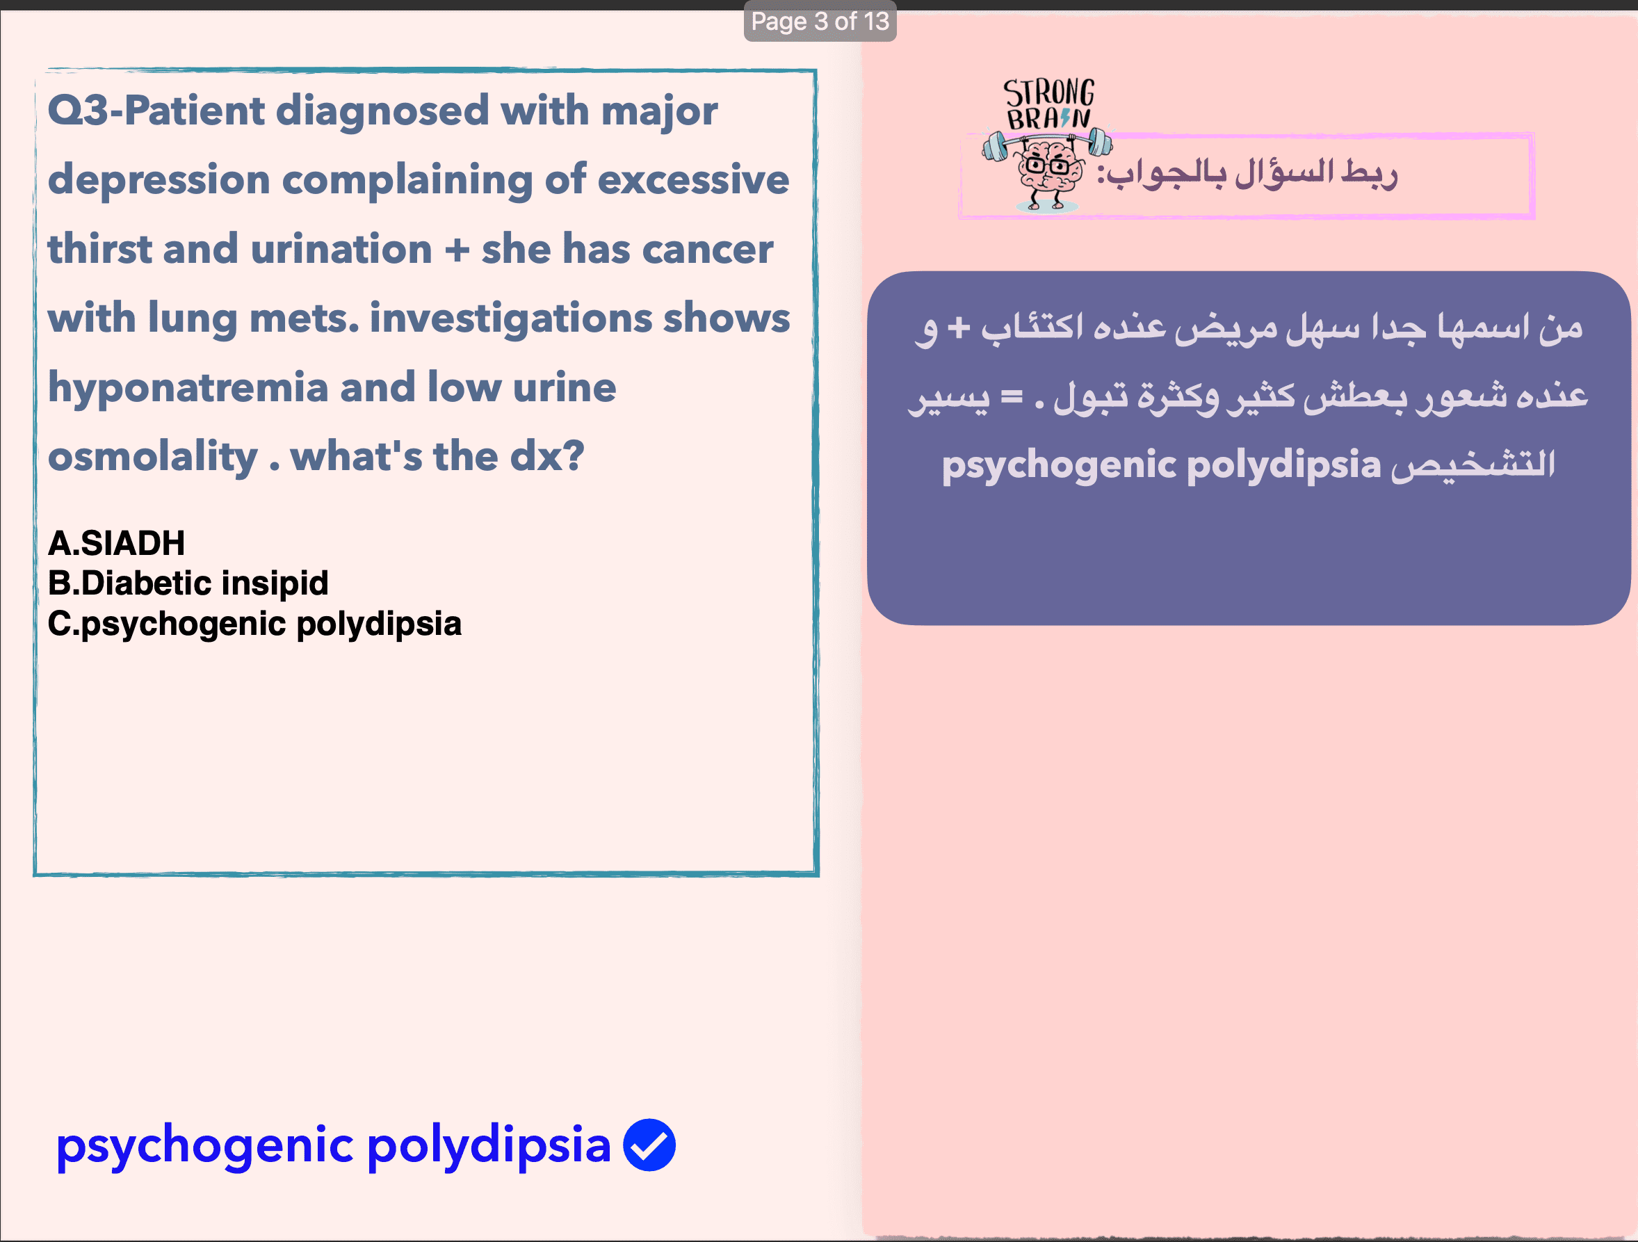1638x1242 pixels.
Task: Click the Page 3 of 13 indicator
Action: click(820, 22)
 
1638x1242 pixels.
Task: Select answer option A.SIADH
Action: click(116, 543)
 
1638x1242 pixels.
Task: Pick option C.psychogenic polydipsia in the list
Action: click(254, 624)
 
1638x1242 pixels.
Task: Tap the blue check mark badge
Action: click(649, 1144)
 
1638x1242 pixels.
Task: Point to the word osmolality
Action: click(152, 456)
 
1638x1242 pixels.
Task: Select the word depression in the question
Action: click(159, 180)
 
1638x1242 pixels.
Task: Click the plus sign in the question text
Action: click(457, 250)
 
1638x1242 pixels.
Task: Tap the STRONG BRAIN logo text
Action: click(1048, 104)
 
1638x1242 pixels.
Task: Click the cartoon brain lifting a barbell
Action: click(1047, 171)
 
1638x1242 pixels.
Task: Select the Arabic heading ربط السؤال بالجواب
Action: click(1247, 174)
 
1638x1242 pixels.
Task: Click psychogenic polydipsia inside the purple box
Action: click(1161, 465)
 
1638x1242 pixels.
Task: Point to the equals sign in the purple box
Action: click(1012, 397)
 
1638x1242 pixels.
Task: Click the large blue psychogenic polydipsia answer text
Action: click(333, 1145)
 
